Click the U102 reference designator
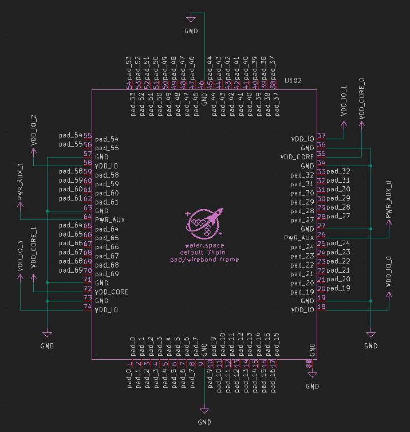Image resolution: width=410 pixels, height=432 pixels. click(293, 81)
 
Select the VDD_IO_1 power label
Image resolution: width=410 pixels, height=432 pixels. click(344, 101)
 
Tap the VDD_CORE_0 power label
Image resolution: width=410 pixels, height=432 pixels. click(361, 99)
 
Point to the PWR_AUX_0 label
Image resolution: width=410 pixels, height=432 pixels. click(389, 199)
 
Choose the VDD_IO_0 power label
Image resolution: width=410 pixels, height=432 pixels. click(389, 272)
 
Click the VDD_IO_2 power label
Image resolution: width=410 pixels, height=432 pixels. click(33, 128)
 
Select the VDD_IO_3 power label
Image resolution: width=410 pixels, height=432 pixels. click(21, 256)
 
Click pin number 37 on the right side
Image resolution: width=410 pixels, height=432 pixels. click(321, 136)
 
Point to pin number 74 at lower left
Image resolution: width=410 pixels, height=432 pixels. click(88, 307)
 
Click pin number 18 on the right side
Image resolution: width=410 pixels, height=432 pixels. click(321, 307)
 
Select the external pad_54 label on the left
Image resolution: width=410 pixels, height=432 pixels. click(70, 135)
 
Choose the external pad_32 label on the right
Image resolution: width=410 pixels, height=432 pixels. click(338, 171)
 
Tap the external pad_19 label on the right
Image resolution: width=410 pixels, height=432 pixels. click(338, 288)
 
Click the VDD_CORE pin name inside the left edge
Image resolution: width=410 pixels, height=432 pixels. click(112, 292)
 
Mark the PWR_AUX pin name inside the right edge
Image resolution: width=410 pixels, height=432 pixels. click(299, 238)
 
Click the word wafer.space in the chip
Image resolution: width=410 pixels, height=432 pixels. click(204, 245)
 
